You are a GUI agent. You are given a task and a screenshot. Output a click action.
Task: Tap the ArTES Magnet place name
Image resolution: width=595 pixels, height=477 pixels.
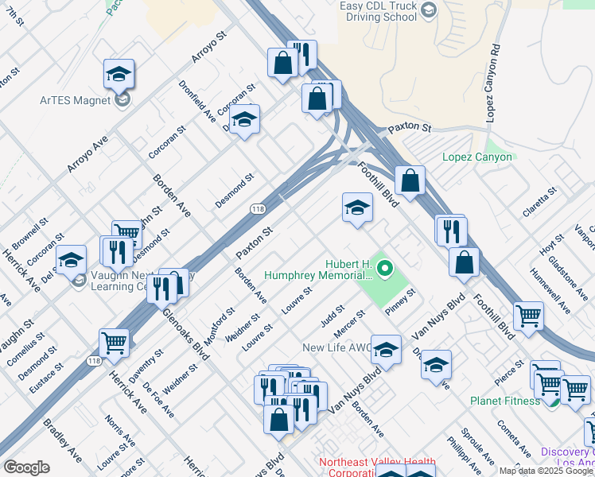click(76, 99)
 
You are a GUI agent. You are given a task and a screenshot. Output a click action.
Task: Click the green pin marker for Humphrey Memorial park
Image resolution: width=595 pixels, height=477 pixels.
click(385, 268)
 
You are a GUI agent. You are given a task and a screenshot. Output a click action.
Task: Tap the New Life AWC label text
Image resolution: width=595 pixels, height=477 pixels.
click(335, 347)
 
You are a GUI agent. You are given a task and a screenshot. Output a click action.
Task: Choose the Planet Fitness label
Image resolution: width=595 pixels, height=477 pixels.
click(504, 401)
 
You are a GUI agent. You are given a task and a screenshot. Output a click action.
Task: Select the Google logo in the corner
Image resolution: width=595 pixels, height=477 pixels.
click(26, 467)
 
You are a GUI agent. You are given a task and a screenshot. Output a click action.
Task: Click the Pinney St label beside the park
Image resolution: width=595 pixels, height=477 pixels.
click(400, 300)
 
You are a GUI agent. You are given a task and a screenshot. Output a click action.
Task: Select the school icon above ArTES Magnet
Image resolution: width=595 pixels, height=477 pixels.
click(119, 75)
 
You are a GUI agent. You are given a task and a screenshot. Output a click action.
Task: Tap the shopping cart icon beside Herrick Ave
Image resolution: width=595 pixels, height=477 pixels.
click(114, 343)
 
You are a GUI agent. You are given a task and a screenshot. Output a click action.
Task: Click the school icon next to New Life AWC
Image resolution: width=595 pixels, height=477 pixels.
click(386, 350)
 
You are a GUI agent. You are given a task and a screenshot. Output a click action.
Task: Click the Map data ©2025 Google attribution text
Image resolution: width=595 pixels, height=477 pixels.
click(546, 470)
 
